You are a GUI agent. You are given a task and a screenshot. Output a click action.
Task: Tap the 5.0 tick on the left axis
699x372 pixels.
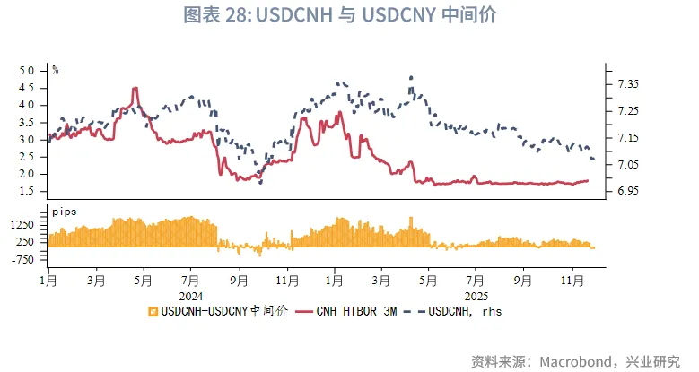[26, 71]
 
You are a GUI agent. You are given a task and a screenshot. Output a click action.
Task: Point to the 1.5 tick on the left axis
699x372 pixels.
[26, 191]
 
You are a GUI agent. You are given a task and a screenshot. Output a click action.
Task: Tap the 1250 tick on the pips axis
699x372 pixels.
[22, 224]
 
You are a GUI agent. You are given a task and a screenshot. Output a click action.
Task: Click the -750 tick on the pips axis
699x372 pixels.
[22, 259]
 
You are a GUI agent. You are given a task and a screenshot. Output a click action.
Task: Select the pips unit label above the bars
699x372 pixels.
[64, 211]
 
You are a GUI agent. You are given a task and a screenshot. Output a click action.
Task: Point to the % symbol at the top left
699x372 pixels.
[55, 69]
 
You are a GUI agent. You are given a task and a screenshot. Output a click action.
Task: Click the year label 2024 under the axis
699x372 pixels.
[191, 294]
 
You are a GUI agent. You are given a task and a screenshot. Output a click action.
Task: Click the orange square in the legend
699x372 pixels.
[153, 312]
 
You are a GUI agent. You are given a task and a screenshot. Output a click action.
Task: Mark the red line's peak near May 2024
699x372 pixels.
[135, 89]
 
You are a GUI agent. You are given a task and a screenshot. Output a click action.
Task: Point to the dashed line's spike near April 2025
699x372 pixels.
[411, 78]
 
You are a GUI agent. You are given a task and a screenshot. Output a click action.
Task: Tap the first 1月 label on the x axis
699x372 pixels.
[48, 281]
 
